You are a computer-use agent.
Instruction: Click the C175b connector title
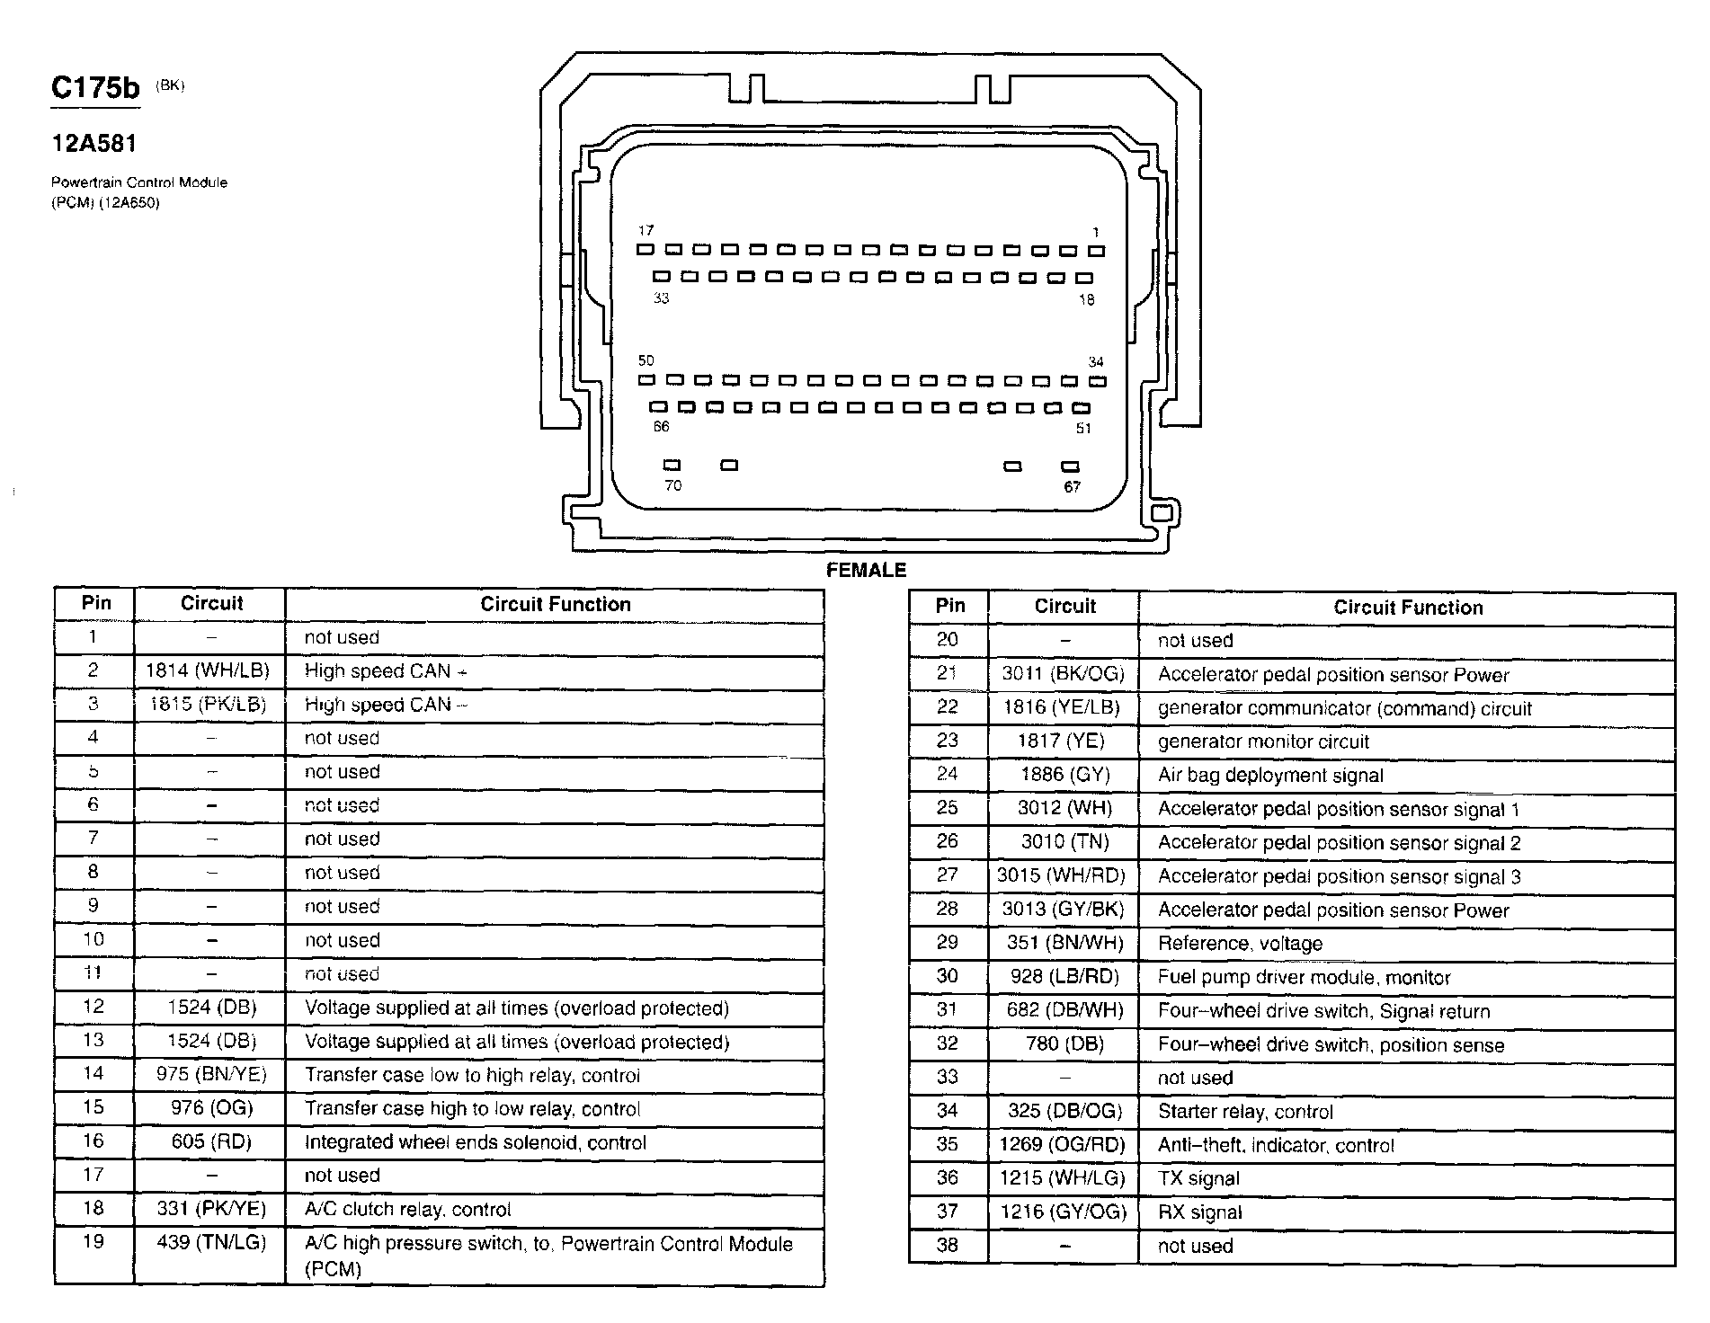[x=95, y=88]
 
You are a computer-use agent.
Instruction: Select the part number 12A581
[x=94, y=143]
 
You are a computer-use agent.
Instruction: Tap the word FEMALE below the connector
[x=866, y=570]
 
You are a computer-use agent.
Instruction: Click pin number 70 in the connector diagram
[x=672, y=485]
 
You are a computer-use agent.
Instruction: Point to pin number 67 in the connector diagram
[x=1072, y=486]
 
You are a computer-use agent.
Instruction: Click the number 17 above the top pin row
[x=646, y=231]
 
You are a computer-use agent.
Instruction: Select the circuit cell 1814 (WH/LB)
[x=209, y=670]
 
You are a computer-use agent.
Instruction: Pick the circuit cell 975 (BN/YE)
[x=210, y=1074]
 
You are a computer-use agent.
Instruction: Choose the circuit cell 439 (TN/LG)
[x=210, y=1243]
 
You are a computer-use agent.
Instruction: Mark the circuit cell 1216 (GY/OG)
[x=1063, y=1212]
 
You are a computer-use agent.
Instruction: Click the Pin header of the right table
[x=949, y=606]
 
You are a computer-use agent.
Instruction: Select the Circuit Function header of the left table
[x=555, y=604]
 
